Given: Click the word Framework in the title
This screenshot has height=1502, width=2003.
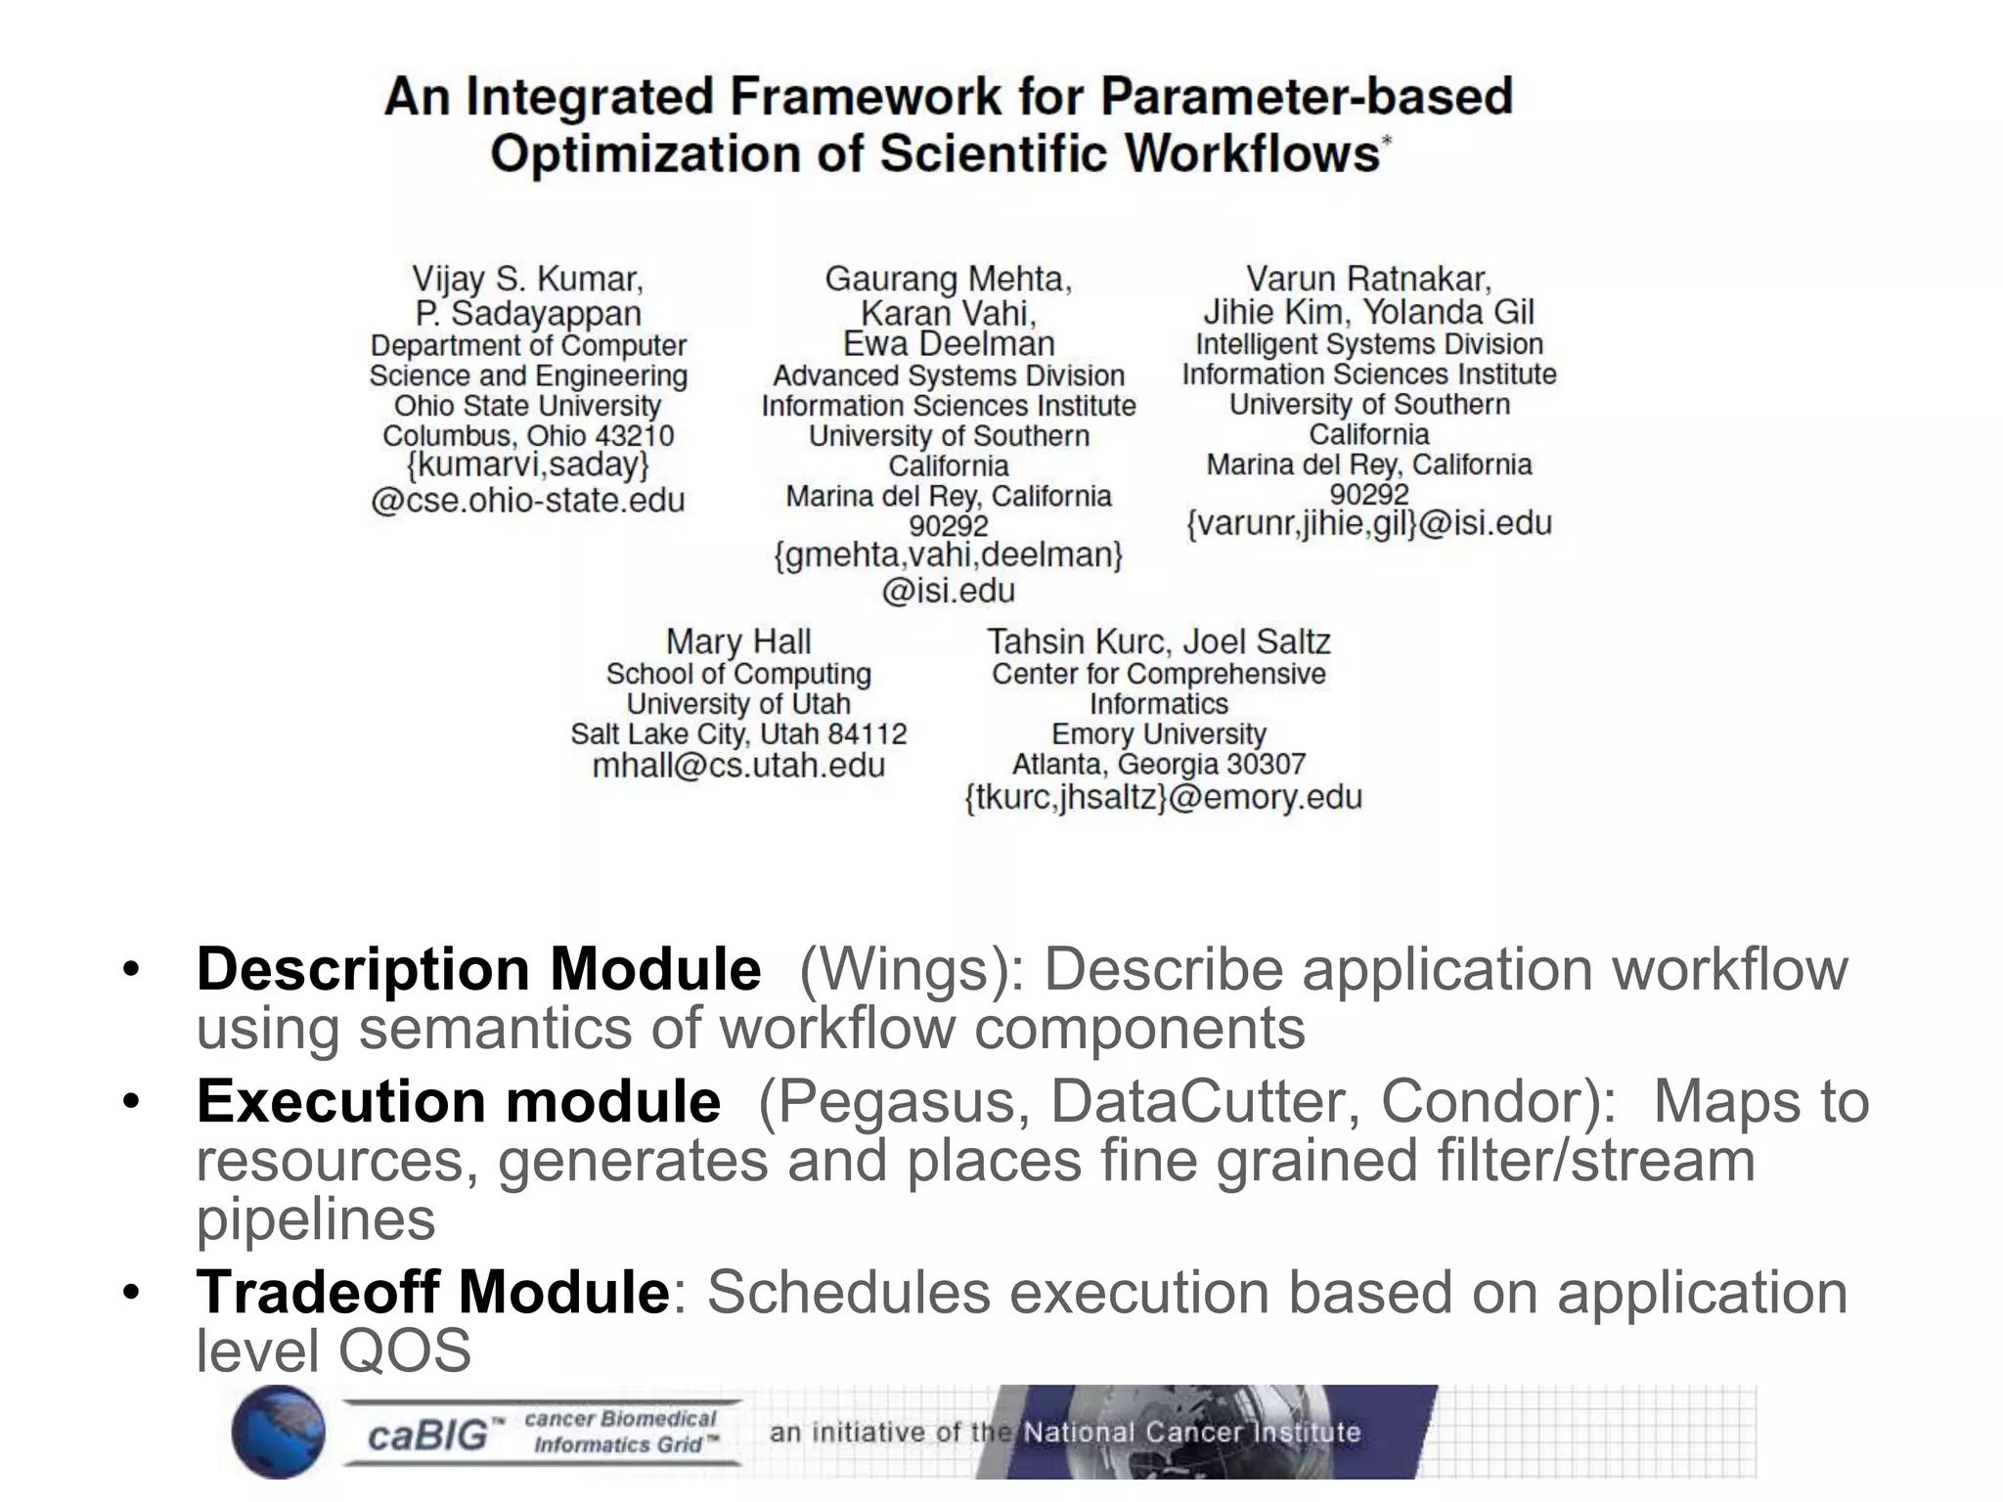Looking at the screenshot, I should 867,97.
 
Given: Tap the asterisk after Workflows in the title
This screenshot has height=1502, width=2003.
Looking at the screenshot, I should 1386,143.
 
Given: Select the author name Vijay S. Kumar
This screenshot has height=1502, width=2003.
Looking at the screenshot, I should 527,279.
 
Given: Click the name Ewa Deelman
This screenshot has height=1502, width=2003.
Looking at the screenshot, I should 949,344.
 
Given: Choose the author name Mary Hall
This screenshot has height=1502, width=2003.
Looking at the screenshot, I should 738,641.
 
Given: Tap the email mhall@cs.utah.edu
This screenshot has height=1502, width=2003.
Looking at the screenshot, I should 738,766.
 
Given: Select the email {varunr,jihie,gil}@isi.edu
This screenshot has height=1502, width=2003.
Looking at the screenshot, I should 1368,524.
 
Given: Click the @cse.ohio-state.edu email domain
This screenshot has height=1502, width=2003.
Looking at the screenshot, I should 527,501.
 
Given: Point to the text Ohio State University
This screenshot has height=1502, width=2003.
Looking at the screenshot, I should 527,406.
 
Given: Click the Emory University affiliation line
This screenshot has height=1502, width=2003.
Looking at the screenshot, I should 1158,733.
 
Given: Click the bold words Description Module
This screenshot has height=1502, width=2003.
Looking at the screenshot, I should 478,969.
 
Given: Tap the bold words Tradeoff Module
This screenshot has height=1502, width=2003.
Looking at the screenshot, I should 432,1292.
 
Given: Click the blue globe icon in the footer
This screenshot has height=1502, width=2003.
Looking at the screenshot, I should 278,1433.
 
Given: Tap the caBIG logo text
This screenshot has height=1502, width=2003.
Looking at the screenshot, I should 427,1436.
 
